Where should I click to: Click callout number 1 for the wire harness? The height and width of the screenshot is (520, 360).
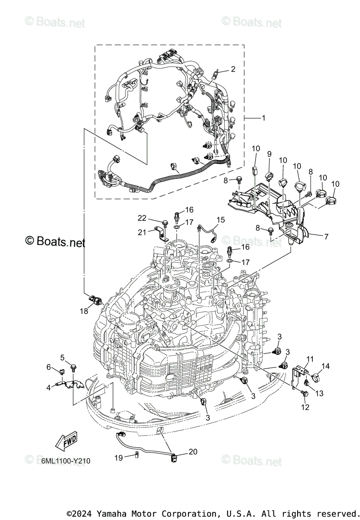point(263,118)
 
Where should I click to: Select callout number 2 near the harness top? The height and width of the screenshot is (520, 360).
point(233,69)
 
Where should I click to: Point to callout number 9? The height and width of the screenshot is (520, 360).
point(269,154)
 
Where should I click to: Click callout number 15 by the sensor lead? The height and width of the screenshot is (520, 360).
point(221,220)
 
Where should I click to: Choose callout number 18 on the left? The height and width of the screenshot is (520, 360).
point(83,311)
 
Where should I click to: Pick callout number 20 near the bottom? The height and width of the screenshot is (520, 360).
point(193,452)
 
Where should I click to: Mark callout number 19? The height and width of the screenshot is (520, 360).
point(118,458)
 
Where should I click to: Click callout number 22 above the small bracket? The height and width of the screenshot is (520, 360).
point(143,218)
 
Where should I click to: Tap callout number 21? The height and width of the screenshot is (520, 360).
point(143,232)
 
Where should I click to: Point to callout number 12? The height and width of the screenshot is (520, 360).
point(305,407)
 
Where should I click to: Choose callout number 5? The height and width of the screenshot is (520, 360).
point(62,357)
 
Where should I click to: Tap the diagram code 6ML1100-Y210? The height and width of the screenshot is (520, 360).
point(66,461)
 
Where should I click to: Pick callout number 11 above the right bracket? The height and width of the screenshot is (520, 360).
point(310,359)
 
